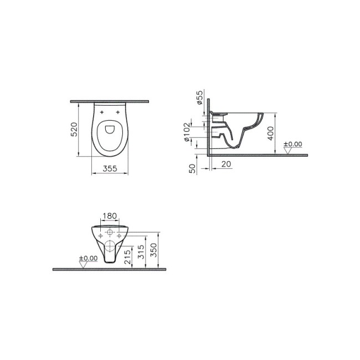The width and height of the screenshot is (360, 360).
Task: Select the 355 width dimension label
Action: pyautogui.click(x=110, y=169)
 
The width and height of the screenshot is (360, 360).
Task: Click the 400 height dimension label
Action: pyautogui.click(x=270, y=133)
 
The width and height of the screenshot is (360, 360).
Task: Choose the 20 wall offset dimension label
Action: pyautogui.click(x=227, y=164)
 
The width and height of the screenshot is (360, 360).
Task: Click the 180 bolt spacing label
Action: pyautogui.click(x=109, y=215)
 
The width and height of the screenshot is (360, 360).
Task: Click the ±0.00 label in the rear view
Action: pyautogui.click(x=88, y=258)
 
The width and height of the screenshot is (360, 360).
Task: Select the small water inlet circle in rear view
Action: pyautogui.click(x=110, y=231)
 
